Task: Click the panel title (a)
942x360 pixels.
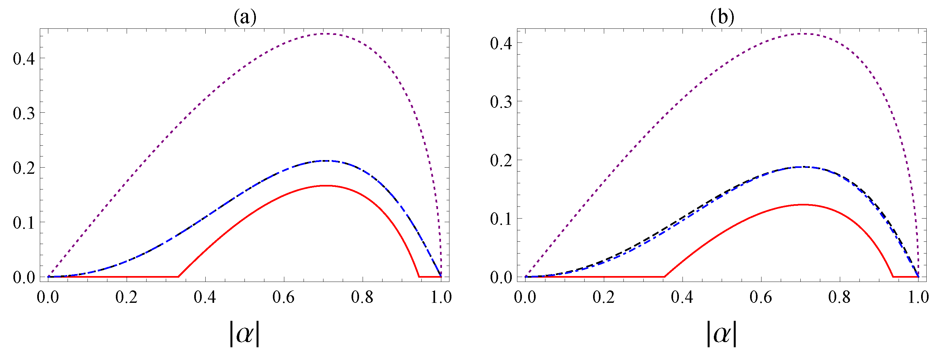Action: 245,17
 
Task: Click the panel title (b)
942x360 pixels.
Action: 722,17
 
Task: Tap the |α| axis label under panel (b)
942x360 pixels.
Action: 721,334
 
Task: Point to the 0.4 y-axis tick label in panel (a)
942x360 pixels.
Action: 24,58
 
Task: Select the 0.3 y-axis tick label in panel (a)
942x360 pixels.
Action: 24,113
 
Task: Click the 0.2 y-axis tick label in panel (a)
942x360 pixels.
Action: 24,168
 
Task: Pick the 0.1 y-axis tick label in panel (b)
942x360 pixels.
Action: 501,219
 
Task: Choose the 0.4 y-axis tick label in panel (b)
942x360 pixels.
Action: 501,43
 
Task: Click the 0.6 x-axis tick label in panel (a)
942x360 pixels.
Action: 283,297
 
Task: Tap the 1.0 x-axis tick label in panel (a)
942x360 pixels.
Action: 441,297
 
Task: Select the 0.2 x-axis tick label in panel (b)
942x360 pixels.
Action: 604,297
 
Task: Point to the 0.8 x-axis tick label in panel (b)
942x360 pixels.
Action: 839,297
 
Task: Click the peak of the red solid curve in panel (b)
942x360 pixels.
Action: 803,205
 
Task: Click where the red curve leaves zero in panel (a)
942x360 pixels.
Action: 178,277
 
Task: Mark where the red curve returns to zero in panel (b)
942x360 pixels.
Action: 893,277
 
